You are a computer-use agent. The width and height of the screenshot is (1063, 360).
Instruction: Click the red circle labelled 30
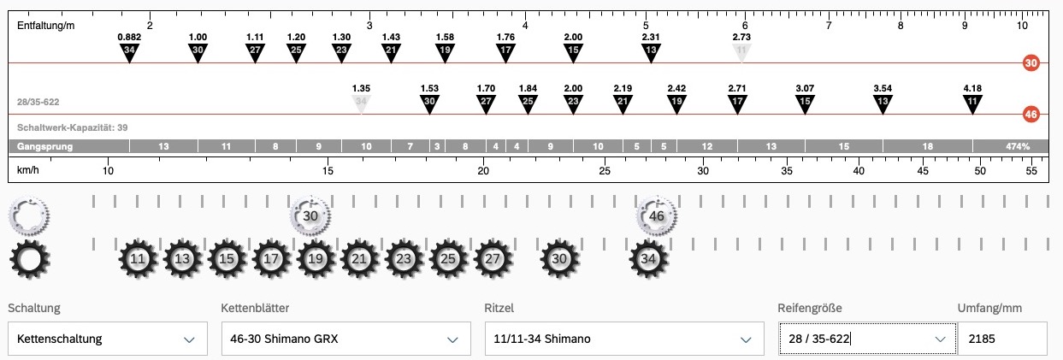[x=1031, y=63]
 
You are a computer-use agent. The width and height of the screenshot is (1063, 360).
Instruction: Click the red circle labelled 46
[x=1031, y=115]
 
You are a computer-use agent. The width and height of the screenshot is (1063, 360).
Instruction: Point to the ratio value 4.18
[x=972, y=88]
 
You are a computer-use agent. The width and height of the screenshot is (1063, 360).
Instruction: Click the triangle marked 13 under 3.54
[x=883, y=103]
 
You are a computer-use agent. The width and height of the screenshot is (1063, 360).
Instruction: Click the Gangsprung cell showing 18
[x=928, y=146]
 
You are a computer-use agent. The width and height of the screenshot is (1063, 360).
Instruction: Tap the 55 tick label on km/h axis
[x=1031, y=171]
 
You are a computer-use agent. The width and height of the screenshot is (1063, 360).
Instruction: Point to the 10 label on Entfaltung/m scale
[x=1022, y=26]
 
